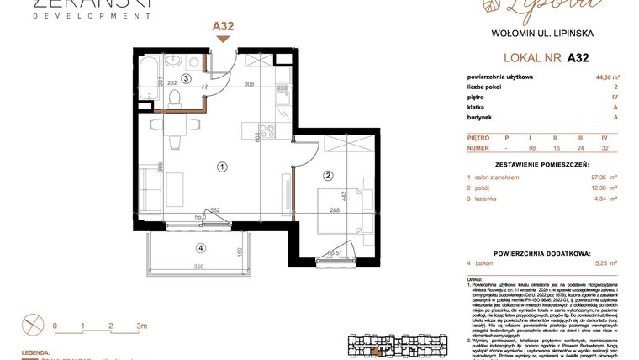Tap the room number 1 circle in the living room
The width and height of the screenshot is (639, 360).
click(x=222, y=167)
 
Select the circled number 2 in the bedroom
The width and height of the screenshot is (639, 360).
click(x=329, y=176)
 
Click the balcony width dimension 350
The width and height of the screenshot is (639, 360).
click(x=199, y=267)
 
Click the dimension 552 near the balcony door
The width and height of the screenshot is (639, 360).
click(x=214, y=209)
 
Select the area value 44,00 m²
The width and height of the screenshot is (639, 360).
click(x=603, y=77)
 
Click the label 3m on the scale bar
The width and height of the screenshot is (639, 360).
click(x=142, y=326)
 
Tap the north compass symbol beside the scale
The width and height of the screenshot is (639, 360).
click(x=32, y=322)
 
